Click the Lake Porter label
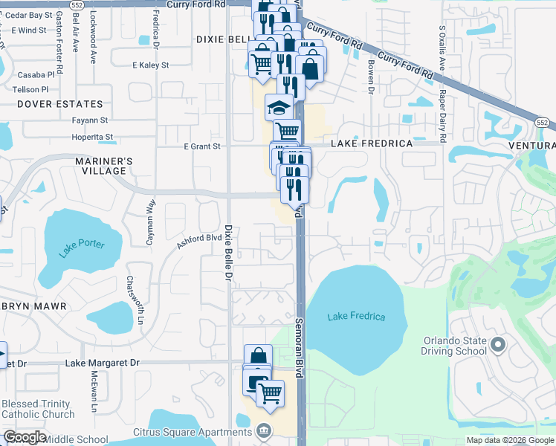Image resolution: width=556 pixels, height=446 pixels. [x=83, y=246]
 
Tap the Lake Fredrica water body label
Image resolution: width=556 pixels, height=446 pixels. [x=357, y=317]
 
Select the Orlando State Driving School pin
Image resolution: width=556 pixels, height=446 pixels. [x=498, y=345]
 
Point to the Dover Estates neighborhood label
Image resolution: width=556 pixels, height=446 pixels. [x=59, y=104]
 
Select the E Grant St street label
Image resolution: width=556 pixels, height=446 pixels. [x=202, y=146]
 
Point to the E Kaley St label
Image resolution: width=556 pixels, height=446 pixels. [x=150, y=65]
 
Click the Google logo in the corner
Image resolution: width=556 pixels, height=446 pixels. [x=25, y=437]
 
